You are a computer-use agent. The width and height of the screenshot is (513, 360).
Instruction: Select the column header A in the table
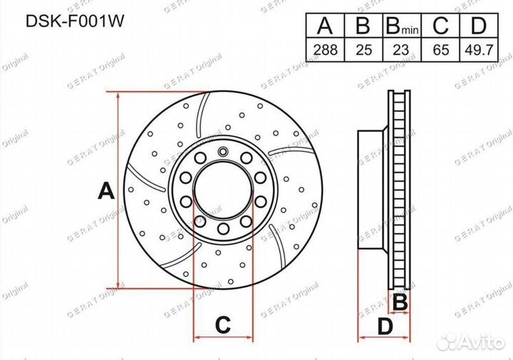pyautogui.click(x=325, y=27)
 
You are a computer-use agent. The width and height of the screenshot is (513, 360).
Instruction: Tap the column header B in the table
pyautogui.click(x=363, y=27)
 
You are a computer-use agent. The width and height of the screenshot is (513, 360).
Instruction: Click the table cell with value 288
pyautogui.click(x=325, y=51)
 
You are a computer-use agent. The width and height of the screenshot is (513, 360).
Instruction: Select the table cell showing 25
pyautogui.click(x=363, y=51)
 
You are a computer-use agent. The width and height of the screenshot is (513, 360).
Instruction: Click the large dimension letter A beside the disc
pyautogui.click(x=105, y=191)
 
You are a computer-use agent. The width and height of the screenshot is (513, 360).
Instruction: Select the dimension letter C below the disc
pyautogui.click(x=223, y=325)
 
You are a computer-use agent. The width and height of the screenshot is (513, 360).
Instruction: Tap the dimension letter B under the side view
pyautogui.click(x=400, y=302)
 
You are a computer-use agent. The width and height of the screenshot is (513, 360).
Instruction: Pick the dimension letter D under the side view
pyautogui.click(x=385, y=326)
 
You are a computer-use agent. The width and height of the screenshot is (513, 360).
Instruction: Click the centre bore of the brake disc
pyautogui.click(x=223, y=190)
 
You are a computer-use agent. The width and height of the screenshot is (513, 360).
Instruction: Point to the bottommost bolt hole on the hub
pyautogui.click(x=223, y=228)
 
